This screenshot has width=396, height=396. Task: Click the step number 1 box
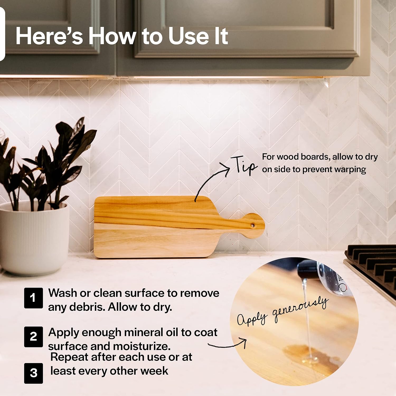33,298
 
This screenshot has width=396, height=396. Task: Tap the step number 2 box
33,337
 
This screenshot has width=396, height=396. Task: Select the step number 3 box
33,373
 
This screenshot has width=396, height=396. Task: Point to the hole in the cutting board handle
253,226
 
